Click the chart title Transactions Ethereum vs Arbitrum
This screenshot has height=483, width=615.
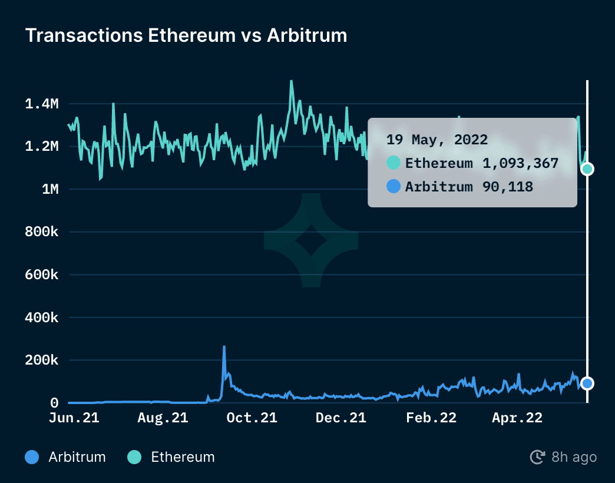tap(186, 35)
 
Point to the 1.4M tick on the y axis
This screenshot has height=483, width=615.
tap(42, 104)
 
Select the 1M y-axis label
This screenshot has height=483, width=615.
tap(49, 190)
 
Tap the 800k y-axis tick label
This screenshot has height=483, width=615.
tap(42, 232)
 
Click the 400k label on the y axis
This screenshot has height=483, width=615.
tap(42, 317)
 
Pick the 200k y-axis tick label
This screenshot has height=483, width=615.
tap(42, 360)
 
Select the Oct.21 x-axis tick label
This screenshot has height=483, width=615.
tap(252, 418)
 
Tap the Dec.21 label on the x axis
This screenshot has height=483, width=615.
tap(341, 418)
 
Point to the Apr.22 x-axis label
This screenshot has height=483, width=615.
tap(517, 418)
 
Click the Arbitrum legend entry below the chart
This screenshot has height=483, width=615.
tap(66, 456)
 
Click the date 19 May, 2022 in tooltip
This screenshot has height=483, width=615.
tap(437, 140)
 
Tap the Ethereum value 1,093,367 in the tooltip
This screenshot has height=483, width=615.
tap(520, 163)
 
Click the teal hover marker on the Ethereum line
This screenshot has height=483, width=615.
tap(587, 169)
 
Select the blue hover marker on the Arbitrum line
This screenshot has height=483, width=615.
tap(587, 383)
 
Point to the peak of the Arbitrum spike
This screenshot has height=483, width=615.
tap(224, 347)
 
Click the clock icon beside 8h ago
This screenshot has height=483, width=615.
tap(537, 457)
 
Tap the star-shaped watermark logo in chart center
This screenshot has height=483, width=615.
tap(311, 241)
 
